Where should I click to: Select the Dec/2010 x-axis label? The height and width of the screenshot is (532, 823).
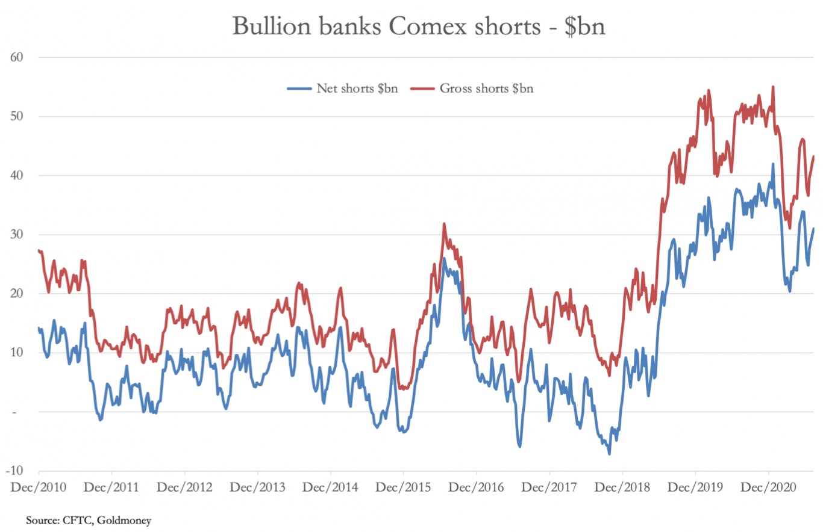click(38, 486)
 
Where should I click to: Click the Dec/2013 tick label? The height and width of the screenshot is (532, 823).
click(257, 486)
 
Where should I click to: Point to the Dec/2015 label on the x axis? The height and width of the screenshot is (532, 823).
click(403, 486)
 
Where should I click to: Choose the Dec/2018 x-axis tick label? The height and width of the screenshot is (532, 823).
click(622, 486)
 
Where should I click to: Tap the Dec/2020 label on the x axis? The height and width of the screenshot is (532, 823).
click(768, 486)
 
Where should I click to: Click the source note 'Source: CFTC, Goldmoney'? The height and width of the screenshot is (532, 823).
click(88, 519)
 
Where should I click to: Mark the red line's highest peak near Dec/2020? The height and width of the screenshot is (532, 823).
click(773, 87)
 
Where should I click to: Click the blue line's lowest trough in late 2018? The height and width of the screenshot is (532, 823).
click(609, 453)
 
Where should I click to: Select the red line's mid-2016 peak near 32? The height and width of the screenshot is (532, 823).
click(444, 224)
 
